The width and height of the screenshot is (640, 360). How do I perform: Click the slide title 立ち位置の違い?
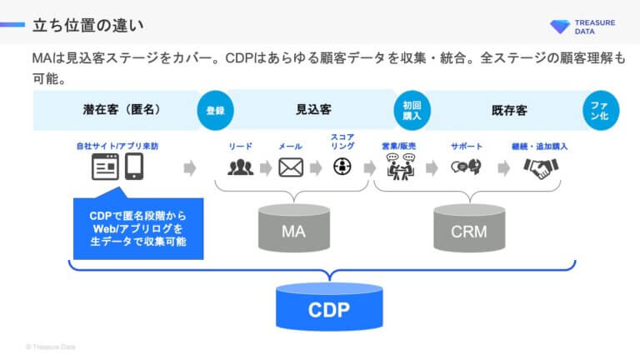[77, 22]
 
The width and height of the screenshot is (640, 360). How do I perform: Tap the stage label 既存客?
[508, 110]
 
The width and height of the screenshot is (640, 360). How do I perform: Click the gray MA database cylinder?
[293, 228]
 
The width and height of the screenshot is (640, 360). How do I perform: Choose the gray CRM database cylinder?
[468, 228]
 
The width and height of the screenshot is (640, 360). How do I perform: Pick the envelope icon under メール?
[290, 167]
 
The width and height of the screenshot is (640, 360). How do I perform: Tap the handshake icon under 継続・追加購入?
[540, 167]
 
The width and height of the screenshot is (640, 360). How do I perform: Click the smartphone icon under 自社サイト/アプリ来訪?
[136, 167]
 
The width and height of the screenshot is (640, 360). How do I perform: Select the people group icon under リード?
[240, 167]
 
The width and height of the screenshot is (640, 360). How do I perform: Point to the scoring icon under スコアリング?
[341, 167]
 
